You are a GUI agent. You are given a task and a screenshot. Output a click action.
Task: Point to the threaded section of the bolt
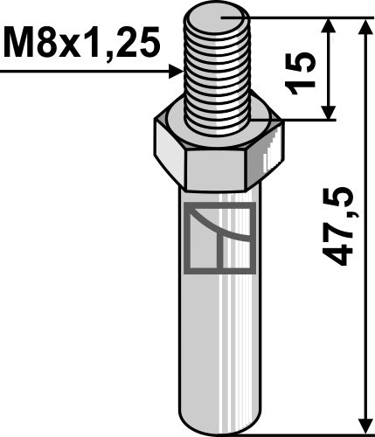click(219, 70)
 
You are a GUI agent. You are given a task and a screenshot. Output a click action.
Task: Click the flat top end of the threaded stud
click(219, 16)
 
